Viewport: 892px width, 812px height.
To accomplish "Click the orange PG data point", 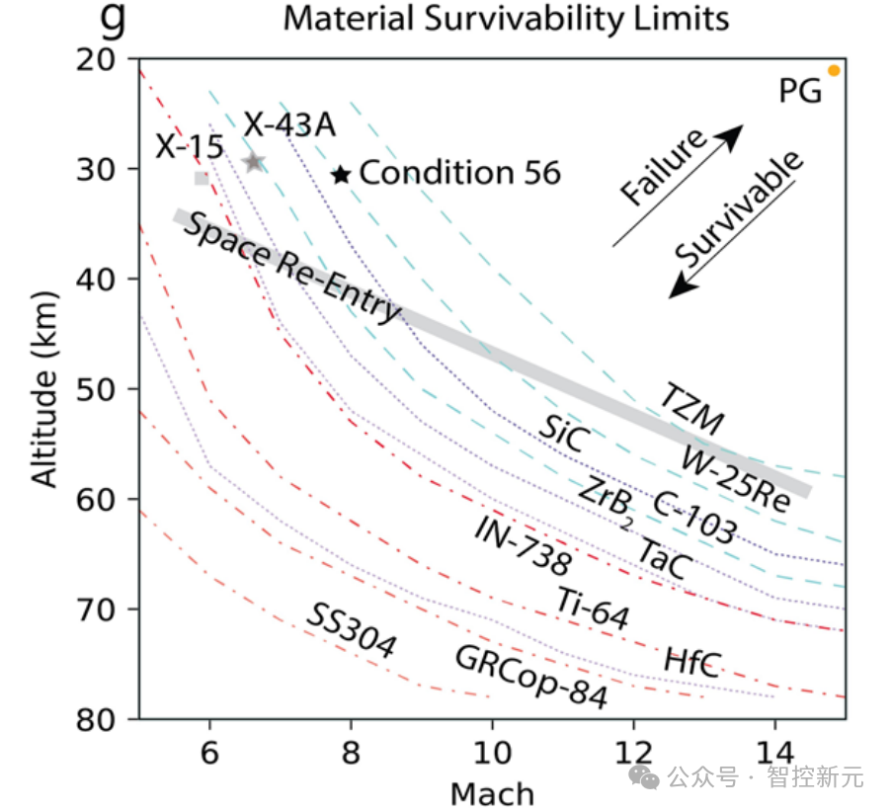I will click(x=834, y=71).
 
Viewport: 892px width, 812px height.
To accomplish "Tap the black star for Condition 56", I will click(x=341, y=175).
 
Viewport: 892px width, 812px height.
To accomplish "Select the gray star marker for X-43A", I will click(x=254, y=162).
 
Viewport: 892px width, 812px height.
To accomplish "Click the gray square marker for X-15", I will click(x=202, y=179).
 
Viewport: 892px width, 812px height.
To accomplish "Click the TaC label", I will click(x=661, y=559).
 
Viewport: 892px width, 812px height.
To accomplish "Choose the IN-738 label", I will click(x=522, y=546).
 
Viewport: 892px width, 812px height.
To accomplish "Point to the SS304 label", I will click(x=350, y=631).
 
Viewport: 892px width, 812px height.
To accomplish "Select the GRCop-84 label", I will click(x=530, y=677).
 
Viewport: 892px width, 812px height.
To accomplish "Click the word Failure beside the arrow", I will click(x=665, y=168).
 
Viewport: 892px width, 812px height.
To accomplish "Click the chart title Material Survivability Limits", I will click(x=506, y=18).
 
